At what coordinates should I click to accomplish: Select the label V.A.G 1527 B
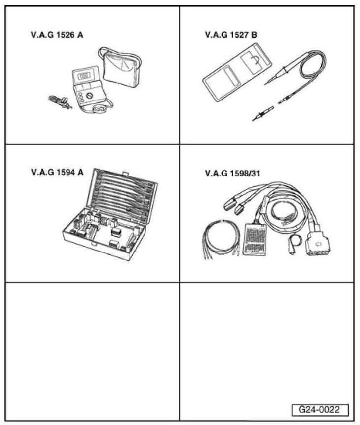[x=231, y=35]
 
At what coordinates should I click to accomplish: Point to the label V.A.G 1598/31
[x=232, y=174]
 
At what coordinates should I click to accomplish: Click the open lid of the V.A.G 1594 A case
[x=120, y=194]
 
